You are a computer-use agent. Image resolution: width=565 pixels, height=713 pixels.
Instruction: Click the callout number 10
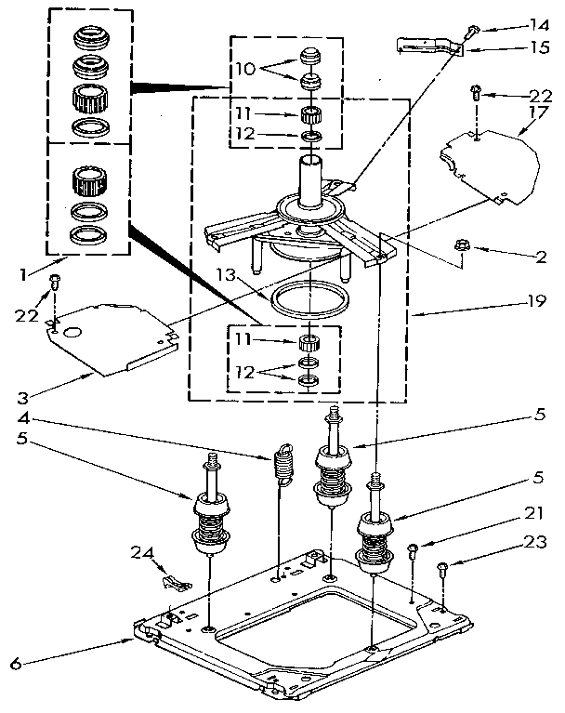(243, 69)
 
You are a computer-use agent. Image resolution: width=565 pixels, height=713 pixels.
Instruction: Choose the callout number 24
(141, 552)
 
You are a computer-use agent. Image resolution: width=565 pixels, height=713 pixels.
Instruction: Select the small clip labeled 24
(174, 581)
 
